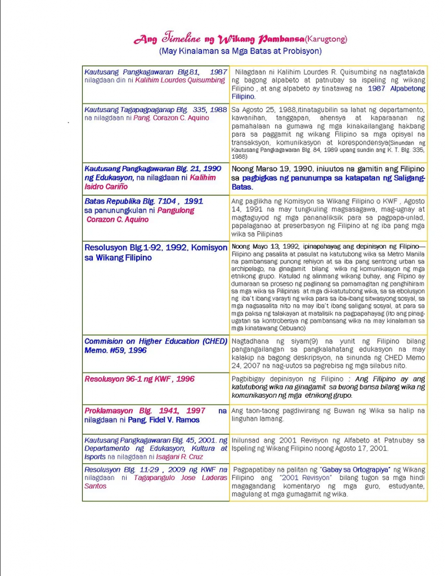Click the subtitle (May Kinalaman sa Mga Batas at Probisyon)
pyautogui.click(x=240, y=51)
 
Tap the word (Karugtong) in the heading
pyautogui.click(x=326, y=39)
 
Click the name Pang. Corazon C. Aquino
pyautogui.click(x=171, y=118)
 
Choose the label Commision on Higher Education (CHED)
pyautogui.click(x=155, y=341)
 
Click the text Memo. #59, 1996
pyautogui.click(x=115, y=350)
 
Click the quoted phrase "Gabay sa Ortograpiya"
pyautogui.click(x=356, y=470)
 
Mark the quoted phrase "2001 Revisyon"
pyautogui.click(x=302, y=478)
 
